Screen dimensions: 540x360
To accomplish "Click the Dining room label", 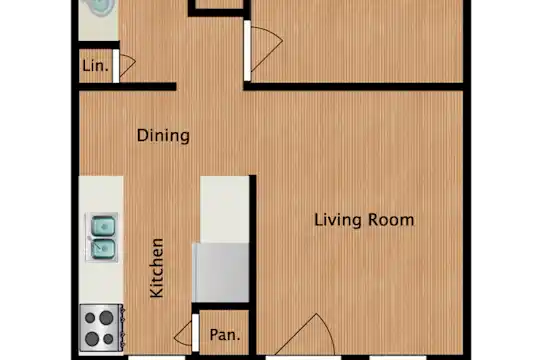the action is coord(163,135).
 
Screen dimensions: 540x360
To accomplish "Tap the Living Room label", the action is coord(364,220).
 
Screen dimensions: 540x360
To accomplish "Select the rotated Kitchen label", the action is coord(157,268).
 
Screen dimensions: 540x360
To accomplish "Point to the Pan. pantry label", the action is coord(225,335).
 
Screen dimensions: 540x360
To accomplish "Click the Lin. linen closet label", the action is coord(95,65).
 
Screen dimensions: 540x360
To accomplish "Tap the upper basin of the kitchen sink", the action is coord(103,226).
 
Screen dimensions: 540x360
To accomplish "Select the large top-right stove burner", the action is coord(106,318).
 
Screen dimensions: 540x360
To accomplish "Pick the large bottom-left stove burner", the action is coord(92,339).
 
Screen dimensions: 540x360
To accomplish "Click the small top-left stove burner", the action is coord(90,318).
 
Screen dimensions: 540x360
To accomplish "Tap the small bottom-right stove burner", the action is coord(108,339).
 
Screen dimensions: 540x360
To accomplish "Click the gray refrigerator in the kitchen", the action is coord(220,272).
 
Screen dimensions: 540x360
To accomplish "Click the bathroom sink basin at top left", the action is coord(103,7).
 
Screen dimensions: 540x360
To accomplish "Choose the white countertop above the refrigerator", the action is coord(225,209).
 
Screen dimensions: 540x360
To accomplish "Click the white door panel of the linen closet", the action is coord(116,66).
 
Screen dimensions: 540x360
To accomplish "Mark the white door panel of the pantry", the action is coord(195,332).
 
